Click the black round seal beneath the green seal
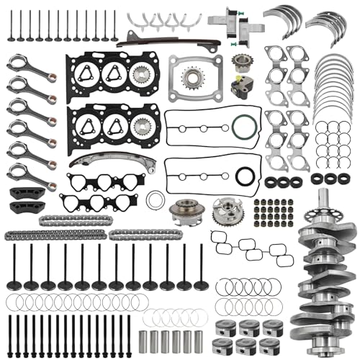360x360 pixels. (x=246, y=174)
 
